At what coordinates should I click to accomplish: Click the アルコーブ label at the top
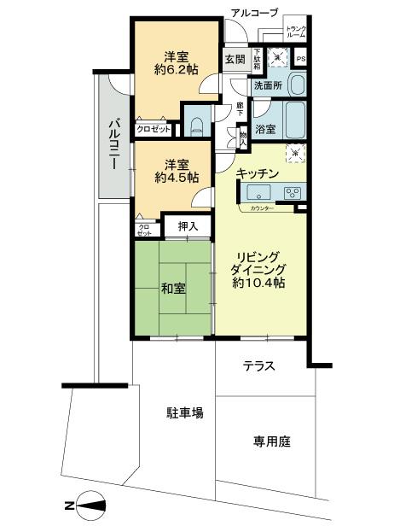254,12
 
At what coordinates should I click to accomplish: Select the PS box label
300,59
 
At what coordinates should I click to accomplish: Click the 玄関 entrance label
235,60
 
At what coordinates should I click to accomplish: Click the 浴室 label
265,130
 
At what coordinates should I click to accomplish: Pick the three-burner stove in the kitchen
293,191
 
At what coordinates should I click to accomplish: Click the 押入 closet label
188,226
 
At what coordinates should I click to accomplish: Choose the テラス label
259,366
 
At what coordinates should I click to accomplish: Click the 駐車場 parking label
184,413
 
